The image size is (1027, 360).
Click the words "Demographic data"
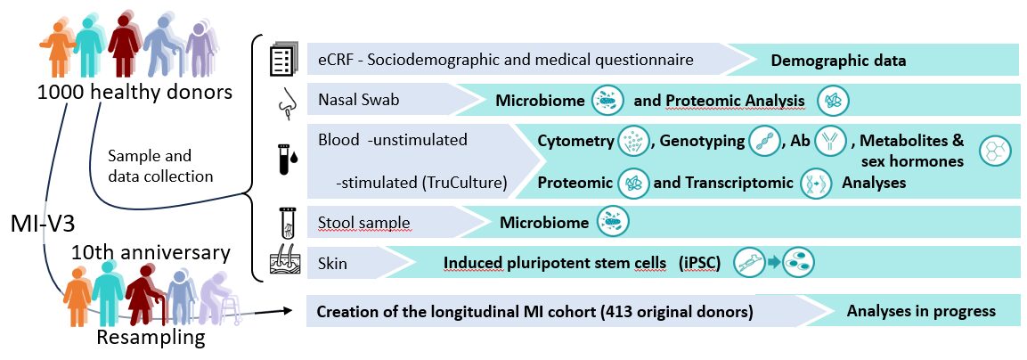click(x=838, y=61)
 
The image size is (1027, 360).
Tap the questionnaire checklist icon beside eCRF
click(x=282, y=61)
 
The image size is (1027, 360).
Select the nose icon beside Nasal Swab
click(x=285, y=104)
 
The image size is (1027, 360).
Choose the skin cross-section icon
click(x=284, y=265)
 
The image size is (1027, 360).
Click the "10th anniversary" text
click(x=151, y=252)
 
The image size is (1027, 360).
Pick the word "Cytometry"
click(x=576, y=141)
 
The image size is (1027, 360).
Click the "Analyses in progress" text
click(x=921, y=311)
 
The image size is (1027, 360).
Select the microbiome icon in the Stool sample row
click(x=612, y=223)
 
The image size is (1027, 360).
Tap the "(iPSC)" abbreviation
click(x=702, y=263)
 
